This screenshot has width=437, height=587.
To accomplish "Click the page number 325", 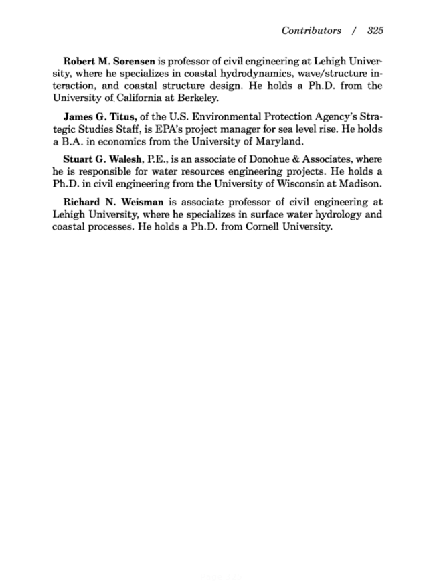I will click(375, 31).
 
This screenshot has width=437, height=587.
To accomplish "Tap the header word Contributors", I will click(311, 31).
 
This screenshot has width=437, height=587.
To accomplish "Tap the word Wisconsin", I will click(304, 184).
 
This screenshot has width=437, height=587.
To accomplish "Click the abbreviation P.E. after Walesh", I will click(158, 159).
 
